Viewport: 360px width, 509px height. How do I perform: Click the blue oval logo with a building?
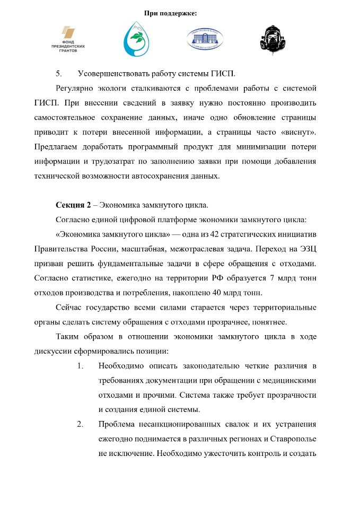click(x=204, y=39)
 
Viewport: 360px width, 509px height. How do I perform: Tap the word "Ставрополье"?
click(x=294, y=439)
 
